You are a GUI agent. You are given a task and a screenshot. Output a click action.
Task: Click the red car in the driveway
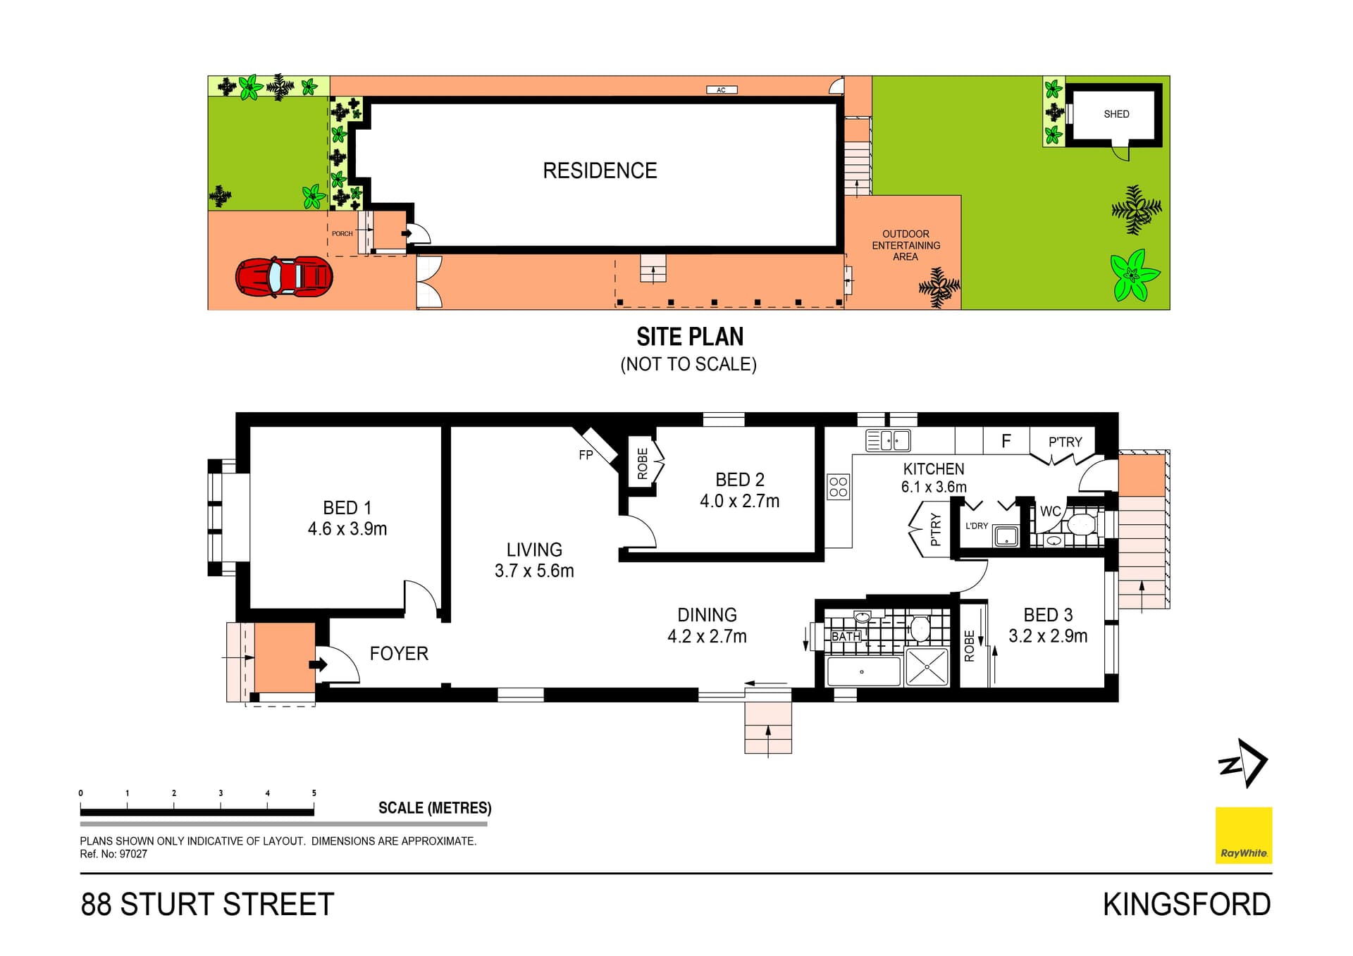[284, 276]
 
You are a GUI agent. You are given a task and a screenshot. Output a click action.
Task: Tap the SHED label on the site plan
[1116, 114]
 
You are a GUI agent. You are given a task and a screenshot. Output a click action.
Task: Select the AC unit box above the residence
[722, 90]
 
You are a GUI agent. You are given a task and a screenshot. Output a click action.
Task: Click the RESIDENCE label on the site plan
[600, 170]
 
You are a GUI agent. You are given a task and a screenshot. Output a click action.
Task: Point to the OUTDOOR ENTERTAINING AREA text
[906, 245]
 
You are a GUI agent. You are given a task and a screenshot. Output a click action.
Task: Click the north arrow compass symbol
[1244, 763]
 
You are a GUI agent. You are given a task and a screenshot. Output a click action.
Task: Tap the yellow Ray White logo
[1244, 835]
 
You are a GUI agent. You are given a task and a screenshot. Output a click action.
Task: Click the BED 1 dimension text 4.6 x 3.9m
[347, 529]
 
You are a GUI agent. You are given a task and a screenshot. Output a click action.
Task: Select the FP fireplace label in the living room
[586, 455]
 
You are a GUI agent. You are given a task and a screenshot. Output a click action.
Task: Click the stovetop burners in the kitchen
[839, 487]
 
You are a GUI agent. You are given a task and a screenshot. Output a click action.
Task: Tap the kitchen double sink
[889, 441]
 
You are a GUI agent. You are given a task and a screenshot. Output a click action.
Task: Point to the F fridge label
[1006, 441]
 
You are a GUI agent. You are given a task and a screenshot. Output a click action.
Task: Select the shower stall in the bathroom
[927, 666]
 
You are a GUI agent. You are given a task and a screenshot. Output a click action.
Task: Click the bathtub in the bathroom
[864, 671]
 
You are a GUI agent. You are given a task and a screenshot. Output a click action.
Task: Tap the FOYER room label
[399, 654]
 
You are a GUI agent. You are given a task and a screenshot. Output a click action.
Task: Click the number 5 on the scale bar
[314, 793]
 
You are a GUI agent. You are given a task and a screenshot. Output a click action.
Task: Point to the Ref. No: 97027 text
[113, 854]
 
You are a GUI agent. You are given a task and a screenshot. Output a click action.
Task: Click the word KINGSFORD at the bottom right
[1187, 905]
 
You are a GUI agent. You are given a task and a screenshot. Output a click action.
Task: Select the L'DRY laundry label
[977, 526]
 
